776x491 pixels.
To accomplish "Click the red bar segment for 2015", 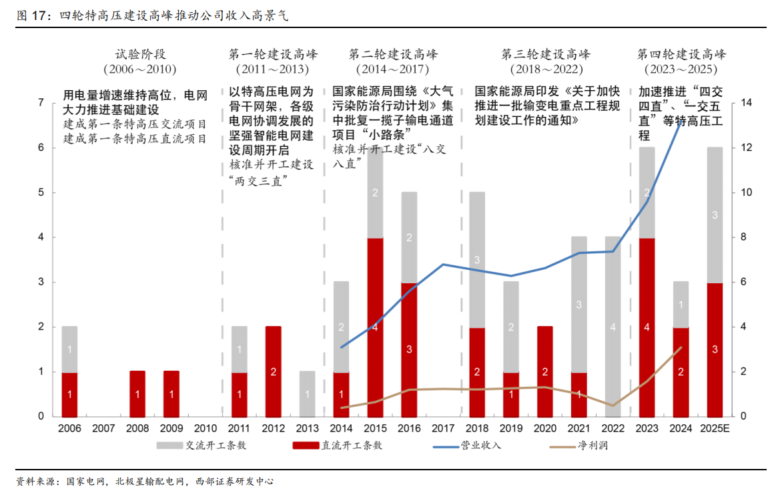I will (375, 327).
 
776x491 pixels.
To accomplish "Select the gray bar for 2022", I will (613, 327).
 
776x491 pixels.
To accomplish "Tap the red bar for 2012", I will (273, 371).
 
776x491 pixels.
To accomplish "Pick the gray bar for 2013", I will (307, 393).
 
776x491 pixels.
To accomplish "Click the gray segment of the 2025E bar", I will (715, 215).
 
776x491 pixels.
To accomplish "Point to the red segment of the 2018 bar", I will (477, 371).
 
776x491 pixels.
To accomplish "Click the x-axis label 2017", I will (443, 428).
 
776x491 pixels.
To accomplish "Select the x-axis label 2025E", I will (715, 428).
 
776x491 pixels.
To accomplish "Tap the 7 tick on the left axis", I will (41, 103).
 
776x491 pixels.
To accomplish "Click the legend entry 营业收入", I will (480, 446).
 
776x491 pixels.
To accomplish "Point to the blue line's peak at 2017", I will (443, 265).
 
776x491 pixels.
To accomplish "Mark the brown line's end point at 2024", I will (681, 347).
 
